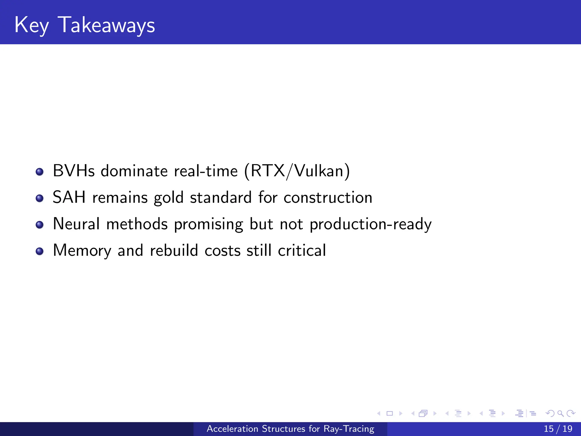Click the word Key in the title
(31, 26)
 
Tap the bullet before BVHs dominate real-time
(40, 172)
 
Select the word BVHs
(74, 171)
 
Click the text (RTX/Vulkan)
(297, 171)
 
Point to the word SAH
(69, 197)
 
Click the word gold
(169, 198)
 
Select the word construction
(328, 198)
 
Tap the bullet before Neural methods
(40, 225)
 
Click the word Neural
(76, 224)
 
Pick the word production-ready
(371, 225)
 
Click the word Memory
(82, 251)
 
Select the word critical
(302, 250)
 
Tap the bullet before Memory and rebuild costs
(40, 251)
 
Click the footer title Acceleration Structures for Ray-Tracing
(290, 429)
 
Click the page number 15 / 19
(558, 429)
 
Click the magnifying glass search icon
(560, 413)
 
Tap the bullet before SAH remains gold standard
(40, 198)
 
